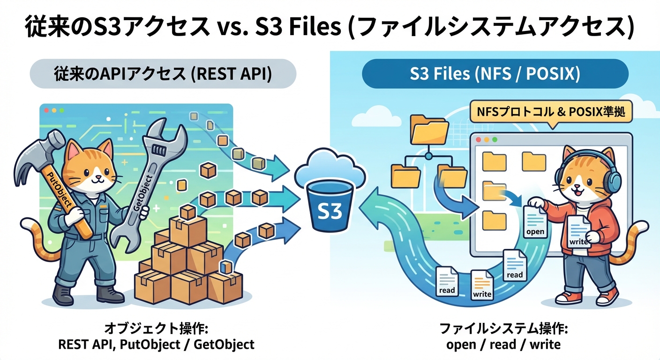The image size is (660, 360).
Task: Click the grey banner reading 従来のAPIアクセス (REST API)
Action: click(x=163, y=74)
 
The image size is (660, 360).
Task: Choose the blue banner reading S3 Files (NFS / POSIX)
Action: click(x=495, y=74)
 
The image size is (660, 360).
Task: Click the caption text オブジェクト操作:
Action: click(x=156, y=328)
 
